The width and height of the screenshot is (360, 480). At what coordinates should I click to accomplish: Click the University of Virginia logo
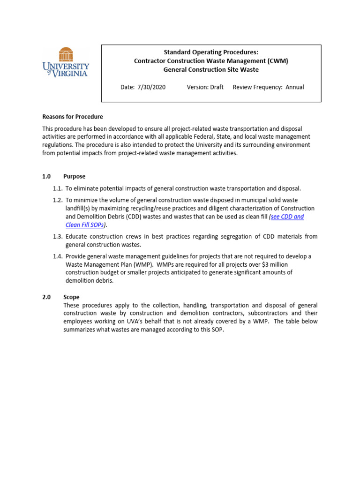coord(66,62)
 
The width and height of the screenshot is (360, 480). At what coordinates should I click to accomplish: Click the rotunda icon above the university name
coord(66,53)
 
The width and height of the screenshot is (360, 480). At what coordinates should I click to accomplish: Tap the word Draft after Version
coord(216,87)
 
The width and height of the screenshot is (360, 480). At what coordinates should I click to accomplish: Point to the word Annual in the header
coord(294,87)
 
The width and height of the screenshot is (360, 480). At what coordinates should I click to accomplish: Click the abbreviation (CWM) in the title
coord(276,61)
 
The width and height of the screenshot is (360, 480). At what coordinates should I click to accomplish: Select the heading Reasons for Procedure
coord(73,117)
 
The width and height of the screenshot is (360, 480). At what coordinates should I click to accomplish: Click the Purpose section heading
coord(75,177)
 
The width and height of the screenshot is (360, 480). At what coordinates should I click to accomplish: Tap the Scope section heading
coord(71,297)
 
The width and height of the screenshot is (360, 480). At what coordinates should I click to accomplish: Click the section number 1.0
coord(46,177)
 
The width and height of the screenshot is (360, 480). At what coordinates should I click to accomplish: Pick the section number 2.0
coord(46,297)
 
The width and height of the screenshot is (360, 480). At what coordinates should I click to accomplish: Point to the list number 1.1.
coord(58,188)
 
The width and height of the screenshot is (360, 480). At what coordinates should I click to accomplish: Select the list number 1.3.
coord(58,237)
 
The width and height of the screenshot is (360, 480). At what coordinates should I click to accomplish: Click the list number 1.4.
coord(58,256)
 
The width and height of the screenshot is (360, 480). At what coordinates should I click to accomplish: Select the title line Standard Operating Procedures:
coord(210,52)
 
